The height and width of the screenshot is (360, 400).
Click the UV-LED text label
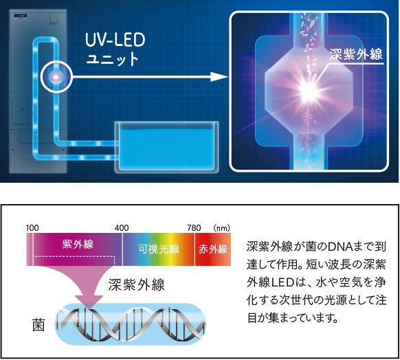tap(115, 40)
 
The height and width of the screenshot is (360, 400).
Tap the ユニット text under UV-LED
tap(112, 58)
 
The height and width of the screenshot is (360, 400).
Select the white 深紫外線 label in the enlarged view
tap(356, 54)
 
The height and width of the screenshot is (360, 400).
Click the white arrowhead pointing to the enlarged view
tap(219, 77)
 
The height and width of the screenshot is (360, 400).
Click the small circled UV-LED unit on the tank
tap(56, 76)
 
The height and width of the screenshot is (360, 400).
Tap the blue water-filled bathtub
tap(166, 147)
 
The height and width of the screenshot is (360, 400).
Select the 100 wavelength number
tap(32, 227)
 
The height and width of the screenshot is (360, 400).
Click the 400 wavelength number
tap(122, 227)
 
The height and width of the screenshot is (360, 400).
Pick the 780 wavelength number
tap(194, 227)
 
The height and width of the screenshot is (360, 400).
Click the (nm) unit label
tap(222, 227)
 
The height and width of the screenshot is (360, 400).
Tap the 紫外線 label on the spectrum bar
tap(78, 245)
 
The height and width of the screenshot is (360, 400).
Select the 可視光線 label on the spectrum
tap(159, 249)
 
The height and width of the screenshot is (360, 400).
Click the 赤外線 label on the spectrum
tap(213, 249)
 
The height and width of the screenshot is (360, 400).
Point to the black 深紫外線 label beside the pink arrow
tap(137, 285)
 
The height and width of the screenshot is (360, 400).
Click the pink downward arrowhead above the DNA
tap(89, 302)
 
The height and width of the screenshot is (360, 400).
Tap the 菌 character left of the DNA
tap(38, 325)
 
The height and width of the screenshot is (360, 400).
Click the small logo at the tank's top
tap(21, 16)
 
